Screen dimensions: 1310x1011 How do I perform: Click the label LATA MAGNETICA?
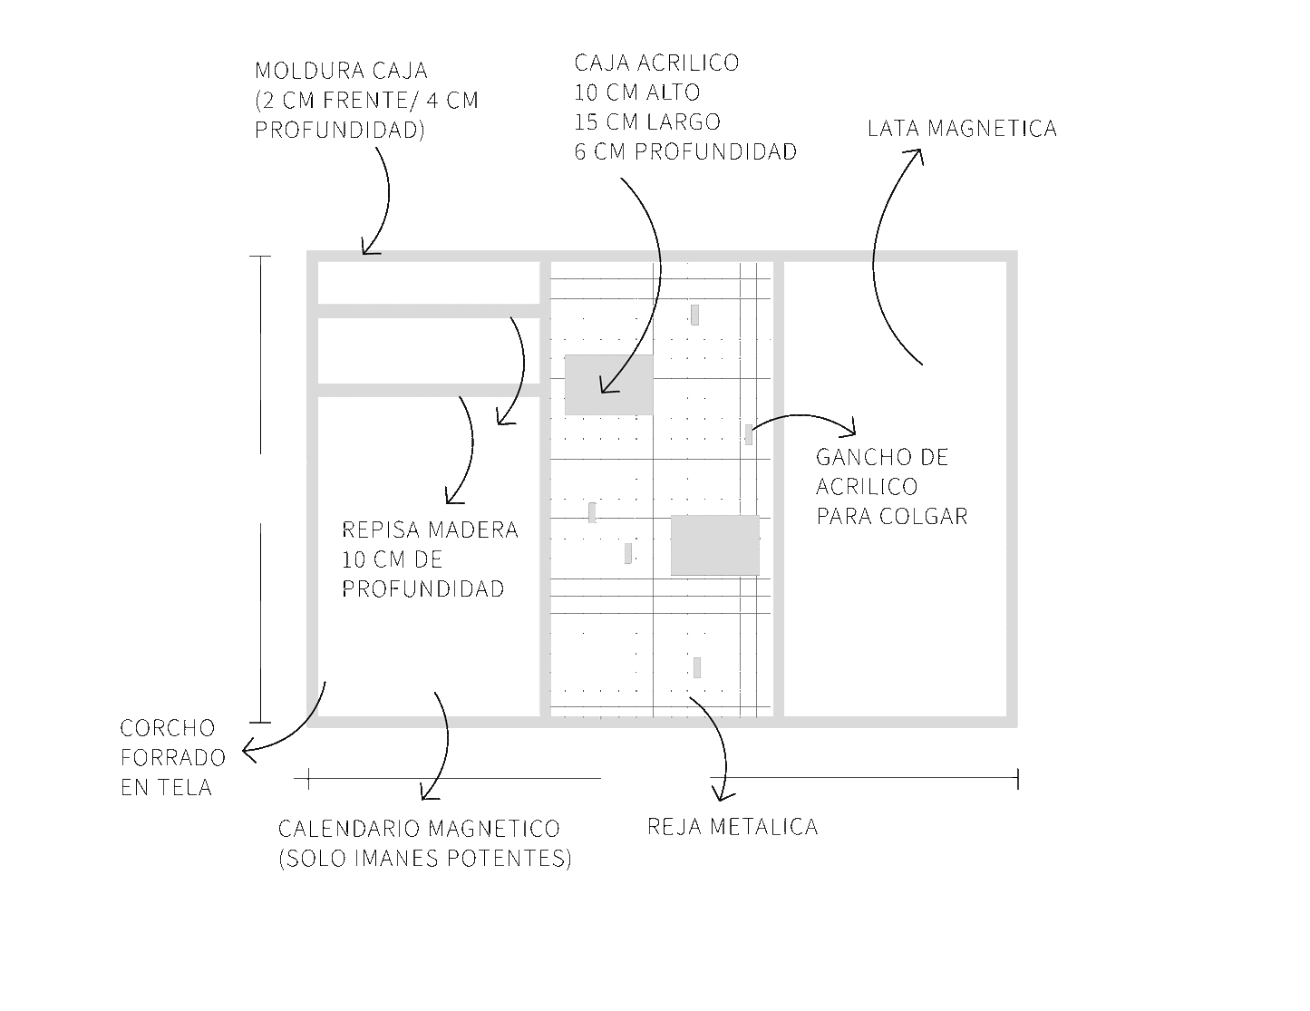962,129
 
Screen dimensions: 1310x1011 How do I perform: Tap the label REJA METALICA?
733,827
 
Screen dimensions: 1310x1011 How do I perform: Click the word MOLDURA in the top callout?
306,71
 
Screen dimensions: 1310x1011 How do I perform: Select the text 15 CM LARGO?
647,122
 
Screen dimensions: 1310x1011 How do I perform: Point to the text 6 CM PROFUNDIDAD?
685,151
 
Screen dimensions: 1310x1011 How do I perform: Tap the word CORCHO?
168,728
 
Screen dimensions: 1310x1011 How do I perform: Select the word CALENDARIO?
352,829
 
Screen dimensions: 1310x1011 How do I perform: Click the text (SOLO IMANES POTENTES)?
425,858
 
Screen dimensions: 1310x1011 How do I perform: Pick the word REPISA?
381,530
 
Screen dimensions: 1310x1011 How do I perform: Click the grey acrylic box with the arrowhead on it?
608,384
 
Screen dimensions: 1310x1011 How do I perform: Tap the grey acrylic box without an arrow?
715,545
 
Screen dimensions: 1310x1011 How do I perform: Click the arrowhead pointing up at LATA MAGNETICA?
917,155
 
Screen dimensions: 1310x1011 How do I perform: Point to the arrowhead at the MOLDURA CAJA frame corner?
367,248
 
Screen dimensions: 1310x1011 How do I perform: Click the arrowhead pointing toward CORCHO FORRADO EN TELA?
248,751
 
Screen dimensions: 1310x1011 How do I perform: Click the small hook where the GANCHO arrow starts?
749,434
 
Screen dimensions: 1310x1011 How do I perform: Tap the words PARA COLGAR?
892,517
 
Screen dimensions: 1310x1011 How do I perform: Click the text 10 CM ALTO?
636,92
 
